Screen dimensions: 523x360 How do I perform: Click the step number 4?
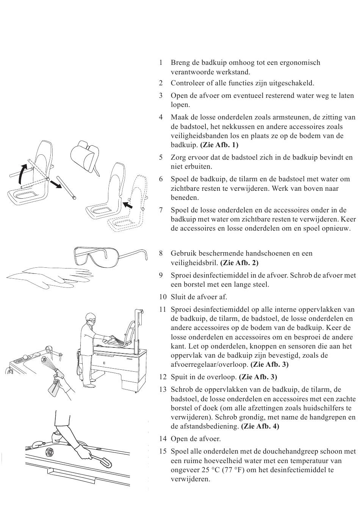click(x=161, y=118)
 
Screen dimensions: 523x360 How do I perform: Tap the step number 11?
click(x=162, y=310)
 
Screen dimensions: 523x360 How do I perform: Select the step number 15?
click(x=163, y=452)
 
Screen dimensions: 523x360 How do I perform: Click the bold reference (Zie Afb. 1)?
click(x=219, y=145)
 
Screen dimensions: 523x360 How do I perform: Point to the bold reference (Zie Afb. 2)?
click(x=239, y=263)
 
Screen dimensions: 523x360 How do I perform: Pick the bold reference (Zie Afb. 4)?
click(x=260, y=426)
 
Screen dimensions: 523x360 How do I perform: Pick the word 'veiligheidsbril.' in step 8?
click(x=194, y=263)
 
